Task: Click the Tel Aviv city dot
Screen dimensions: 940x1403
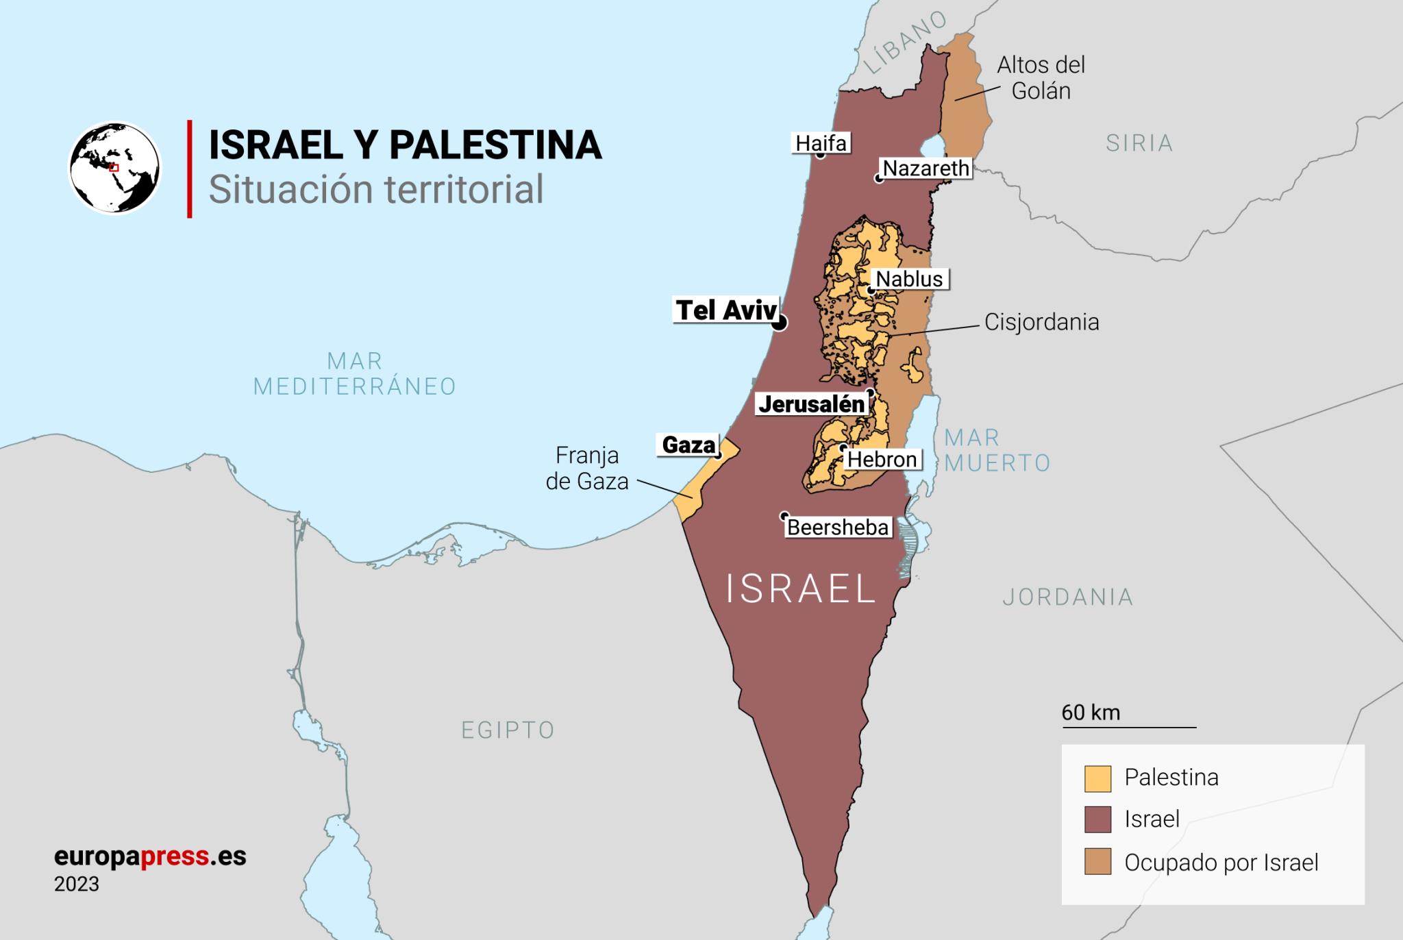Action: (x=779, y=323)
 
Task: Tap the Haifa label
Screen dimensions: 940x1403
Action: (x=821, y=143)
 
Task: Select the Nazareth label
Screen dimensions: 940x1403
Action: (x=926, y=169)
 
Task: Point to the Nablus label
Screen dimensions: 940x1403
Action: (x=910, y=279)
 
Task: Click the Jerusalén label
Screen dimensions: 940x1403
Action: (x=812, y=404)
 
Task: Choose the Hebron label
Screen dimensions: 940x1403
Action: (x=882, y=459)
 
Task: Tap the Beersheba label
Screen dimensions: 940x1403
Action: (x=838, y=528)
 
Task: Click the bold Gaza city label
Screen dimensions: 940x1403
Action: (x=688, y=445)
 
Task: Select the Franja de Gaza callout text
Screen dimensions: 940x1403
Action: (x=587, y=469)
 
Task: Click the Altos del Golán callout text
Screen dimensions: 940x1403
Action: (x=1041, y=78)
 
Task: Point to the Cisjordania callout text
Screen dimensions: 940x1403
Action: (x=1041, y=322)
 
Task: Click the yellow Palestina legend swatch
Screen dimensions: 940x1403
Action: (x=1097, y=779)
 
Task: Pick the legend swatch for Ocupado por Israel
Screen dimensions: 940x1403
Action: (x=1097, y=862)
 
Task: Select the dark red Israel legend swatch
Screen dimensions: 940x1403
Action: (x=1097, y=820)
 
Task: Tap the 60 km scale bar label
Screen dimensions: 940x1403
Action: (x=1091, y=713)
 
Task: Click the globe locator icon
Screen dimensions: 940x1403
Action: (x=115, y=168)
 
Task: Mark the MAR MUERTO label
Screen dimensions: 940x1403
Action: (x=996, y=450)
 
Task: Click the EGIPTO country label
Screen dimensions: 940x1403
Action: (x=508, y=730)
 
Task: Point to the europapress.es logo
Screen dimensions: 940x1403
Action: (x=150, y=856)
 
